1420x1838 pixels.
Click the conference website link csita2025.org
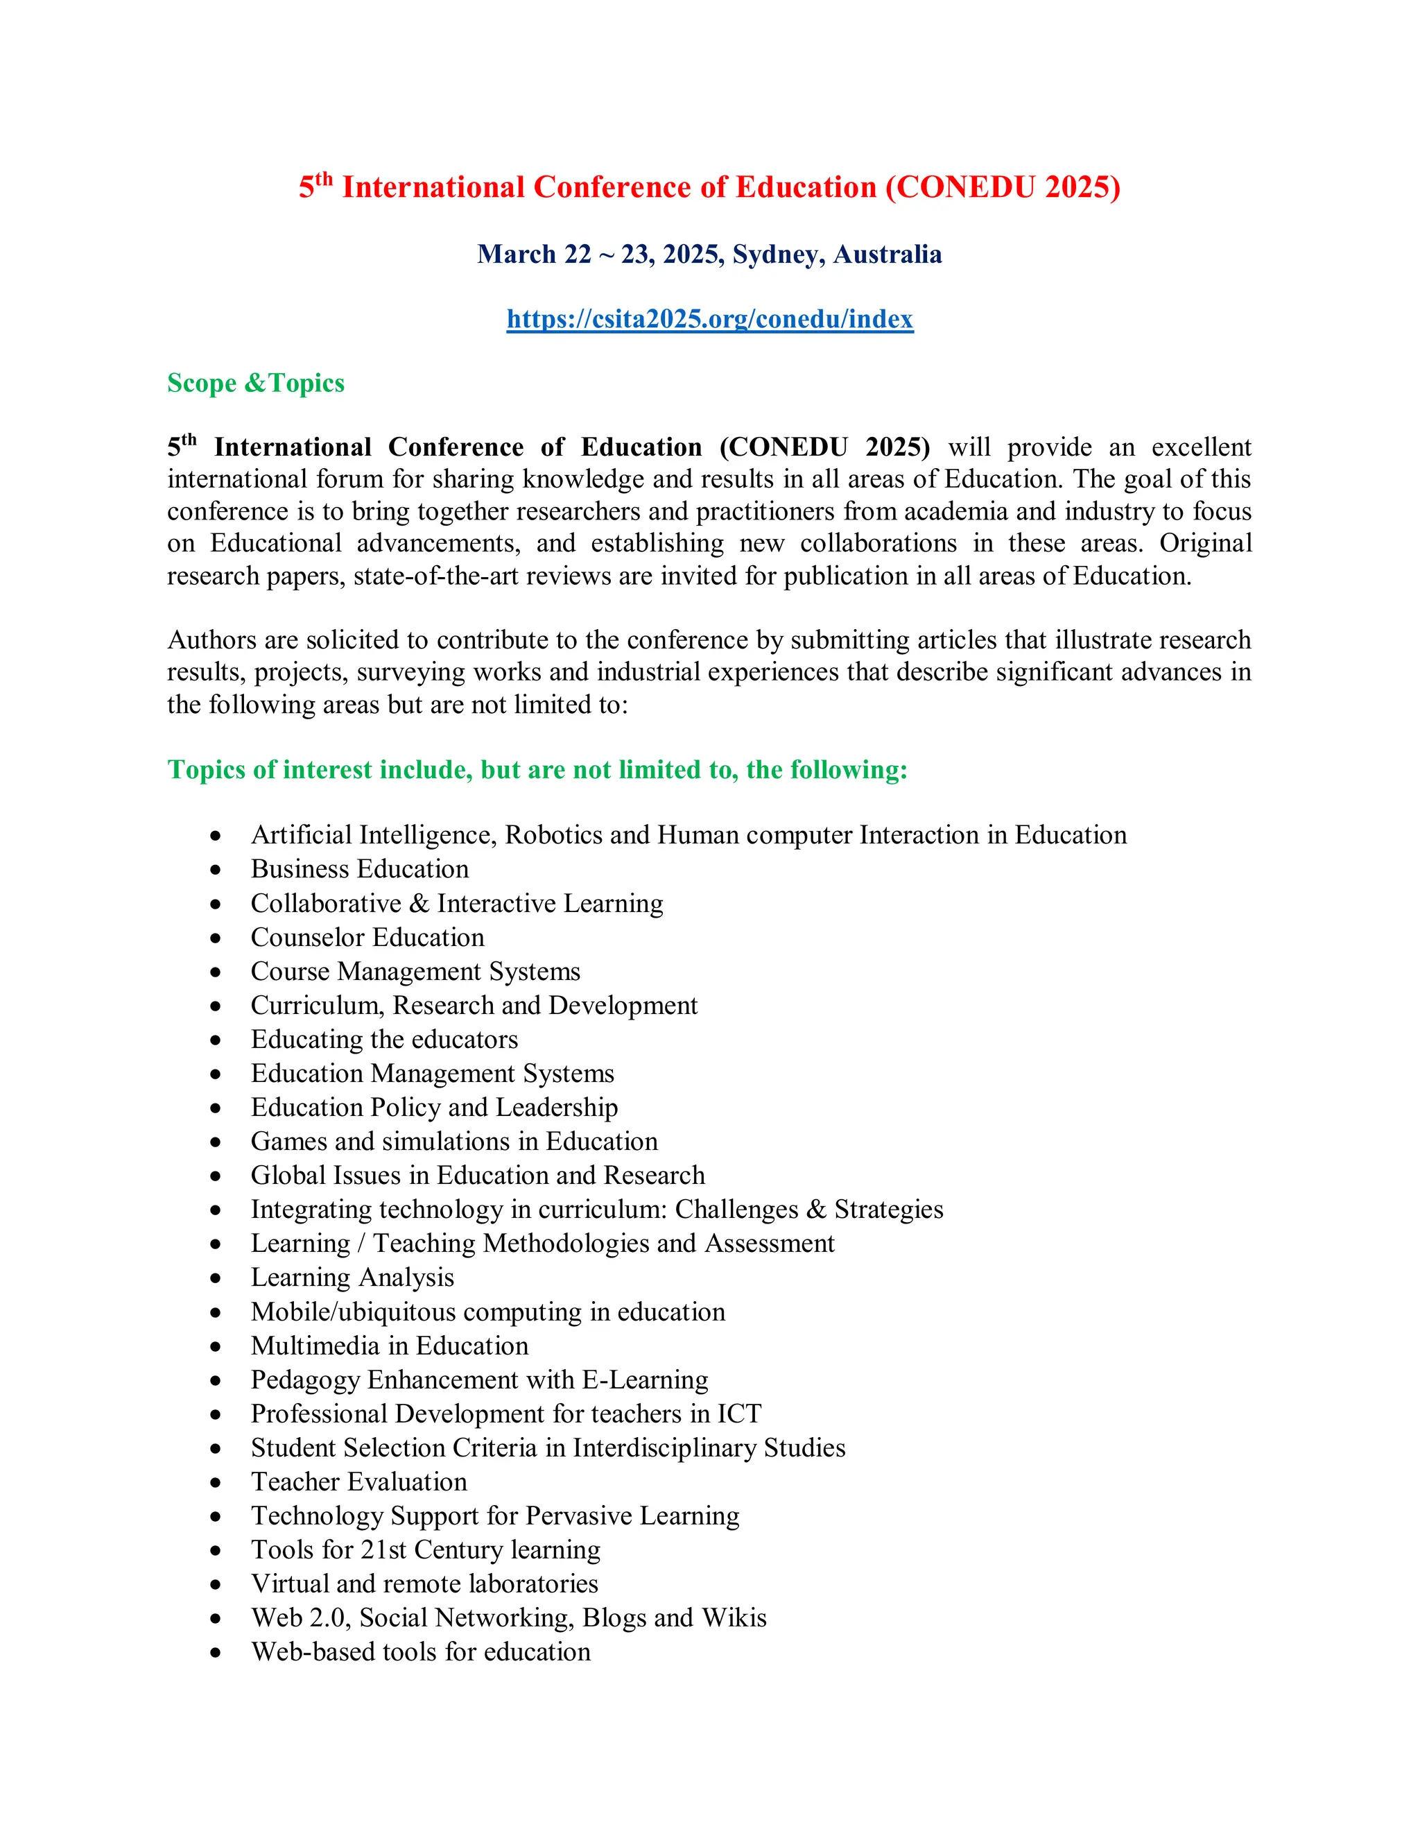pyautogui.click(x=709, y=319)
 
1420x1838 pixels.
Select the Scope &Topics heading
pyautogui.click(x=256, y=383)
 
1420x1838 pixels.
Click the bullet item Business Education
pyautogui.click(x=359, y=868)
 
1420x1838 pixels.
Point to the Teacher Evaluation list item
pyautogui.click(x=358, y=1481)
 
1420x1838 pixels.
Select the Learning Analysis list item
pyautogui.click(x=352, y=1277)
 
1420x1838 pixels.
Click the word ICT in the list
pyautogui.click(x=738, y=1413)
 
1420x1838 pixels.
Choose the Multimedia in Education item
pyautogui.click(x=389, y=1346)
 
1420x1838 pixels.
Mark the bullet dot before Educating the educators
pyautogui.click(x=216, y=1040)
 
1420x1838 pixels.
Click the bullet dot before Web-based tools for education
pyautogui.click(x=216, y=1653)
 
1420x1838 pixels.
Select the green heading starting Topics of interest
pyautogui.click(x=537, y=769)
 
